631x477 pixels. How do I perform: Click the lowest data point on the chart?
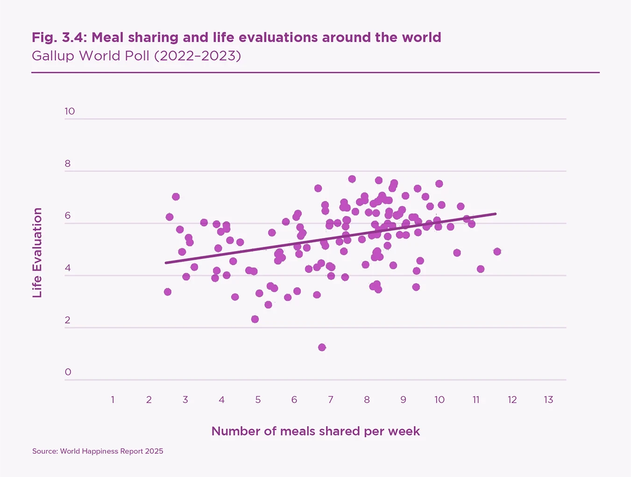point(322,347)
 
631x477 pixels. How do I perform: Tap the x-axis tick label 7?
point(330,400)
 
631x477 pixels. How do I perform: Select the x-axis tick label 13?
point(548,400)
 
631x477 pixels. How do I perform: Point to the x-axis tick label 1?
point(113,400)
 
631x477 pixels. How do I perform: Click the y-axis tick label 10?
point(70,111)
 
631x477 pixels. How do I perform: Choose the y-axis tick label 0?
point(68,372)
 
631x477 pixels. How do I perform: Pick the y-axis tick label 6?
point(68,216)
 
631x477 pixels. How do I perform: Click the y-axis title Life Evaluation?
point(37,253)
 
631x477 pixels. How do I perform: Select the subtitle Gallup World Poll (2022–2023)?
point(136,56)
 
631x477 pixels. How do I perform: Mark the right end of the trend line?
point(496,214)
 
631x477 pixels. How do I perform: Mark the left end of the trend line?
point(166,263)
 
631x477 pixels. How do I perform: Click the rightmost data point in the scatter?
point(497,252)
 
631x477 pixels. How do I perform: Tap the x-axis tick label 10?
point(439,400)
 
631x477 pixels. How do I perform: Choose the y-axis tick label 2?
point(68,320)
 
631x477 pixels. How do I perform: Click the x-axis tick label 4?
point(221,400)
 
